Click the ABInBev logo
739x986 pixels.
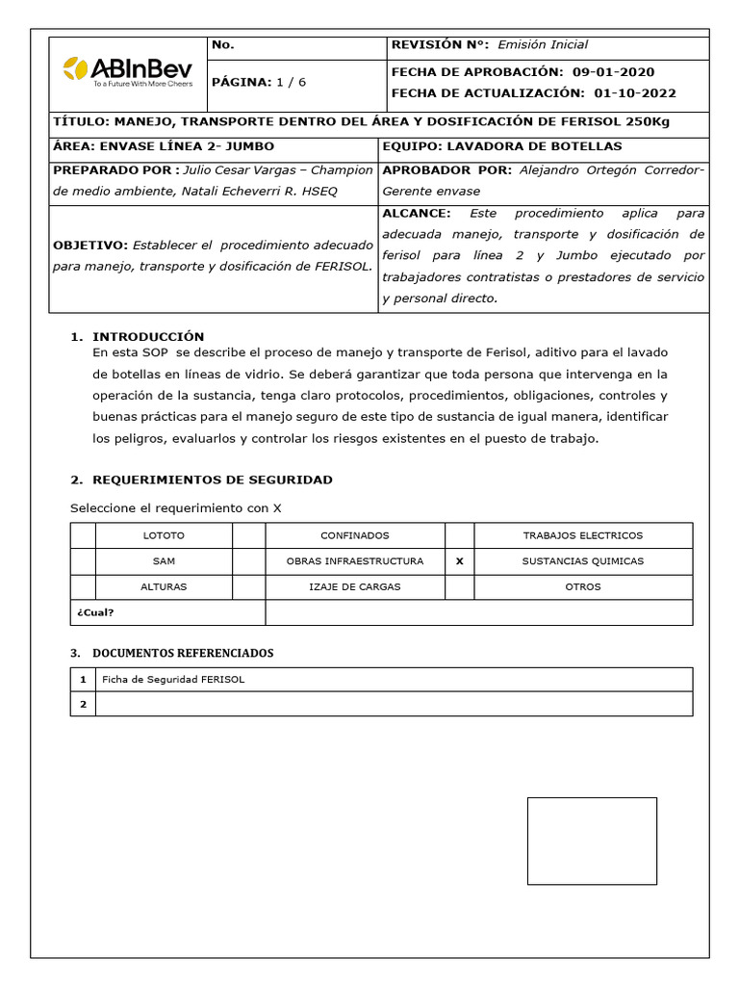127,70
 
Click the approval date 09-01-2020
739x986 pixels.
626,72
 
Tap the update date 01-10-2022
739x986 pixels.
635,93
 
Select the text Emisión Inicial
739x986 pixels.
543,44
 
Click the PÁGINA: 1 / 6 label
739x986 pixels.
258,82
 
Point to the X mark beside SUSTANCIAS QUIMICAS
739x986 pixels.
459,560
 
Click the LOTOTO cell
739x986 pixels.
164,535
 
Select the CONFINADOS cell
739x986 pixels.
355,535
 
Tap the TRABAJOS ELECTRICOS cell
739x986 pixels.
582,535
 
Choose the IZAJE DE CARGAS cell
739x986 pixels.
355,586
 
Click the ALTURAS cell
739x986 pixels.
164,586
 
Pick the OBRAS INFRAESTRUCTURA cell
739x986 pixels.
355,560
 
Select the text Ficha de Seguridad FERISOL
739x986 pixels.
173,679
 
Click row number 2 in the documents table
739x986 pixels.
83,704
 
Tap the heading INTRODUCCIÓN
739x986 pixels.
148,336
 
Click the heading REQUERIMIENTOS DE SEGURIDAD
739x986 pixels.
212,480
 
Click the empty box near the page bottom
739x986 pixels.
592,841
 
